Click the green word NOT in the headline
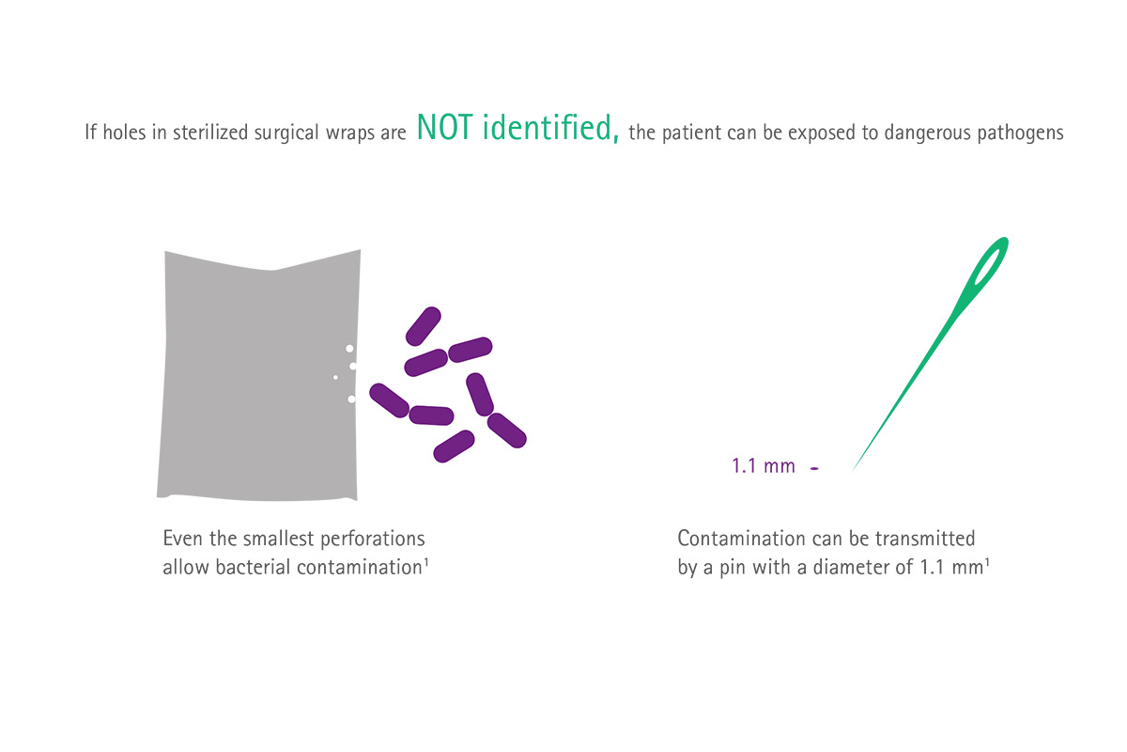pyautogui.click(x=445, y=127)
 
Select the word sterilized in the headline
pyautogui.click(x=210, y=133)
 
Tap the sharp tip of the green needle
pyautogui.click(x=854, y=470)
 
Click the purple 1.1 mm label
pyautogui.click(x=764, y=466)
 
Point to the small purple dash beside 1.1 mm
pyautogui.click(x=814, y=468)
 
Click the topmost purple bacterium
pyautogui.click(x=424, y=326)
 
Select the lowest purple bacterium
pyautogui.click(x=454, y=446)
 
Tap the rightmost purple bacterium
pyautogui.click(x=506, y=431)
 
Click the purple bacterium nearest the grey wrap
pyautogui.click(x=389, y=400)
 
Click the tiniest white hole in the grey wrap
pyautogui.click(x=335, y=377)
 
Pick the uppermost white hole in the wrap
pyautogui.click(x=349, y=349)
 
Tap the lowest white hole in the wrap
pyautogui.click(x=351, y=399)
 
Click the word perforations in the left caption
pyautogui.click(x=372, y=540)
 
